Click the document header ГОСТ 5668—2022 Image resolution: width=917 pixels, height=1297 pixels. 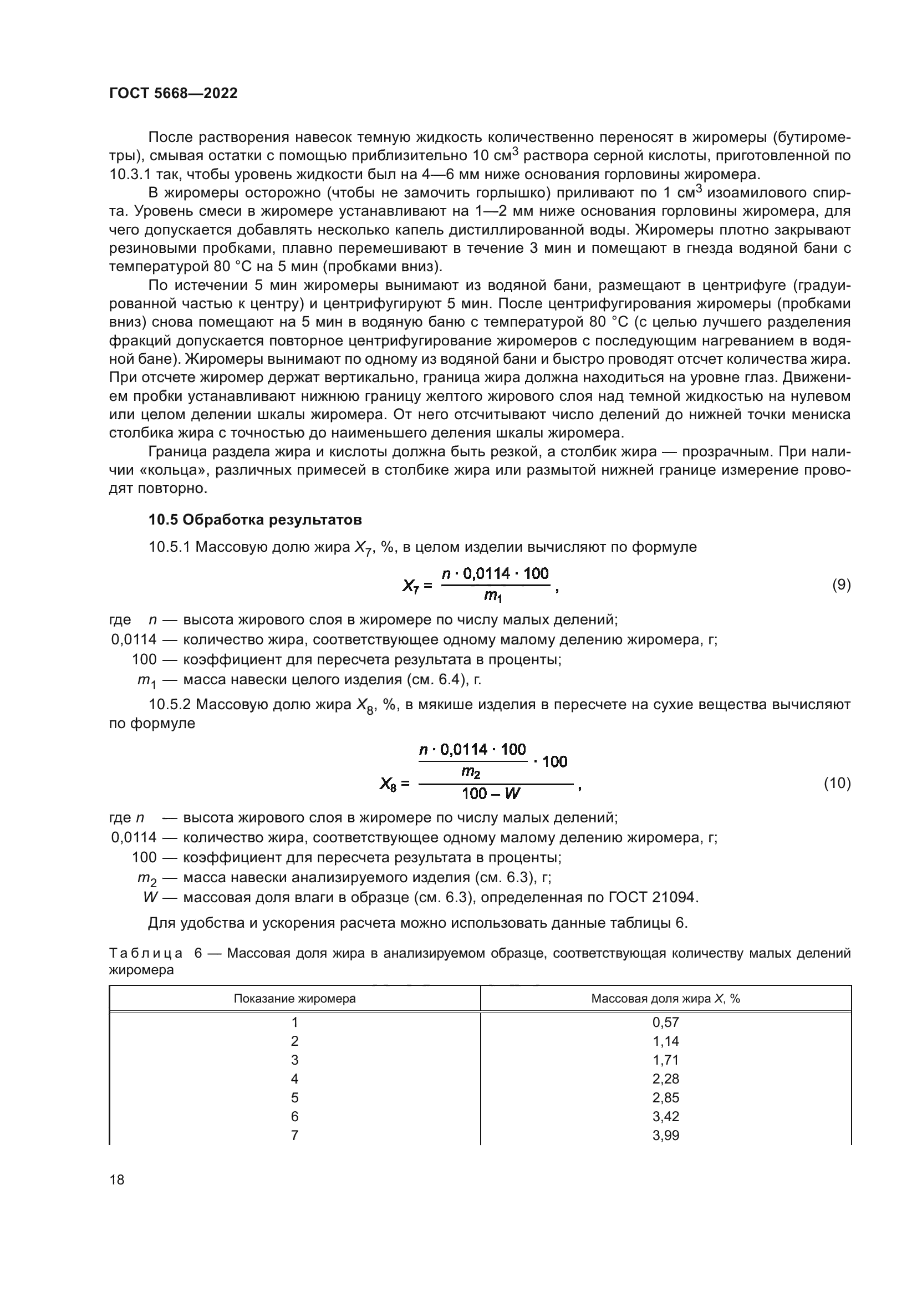coord(173,93)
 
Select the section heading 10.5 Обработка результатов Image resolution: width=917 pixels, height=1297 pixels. coord(255,519)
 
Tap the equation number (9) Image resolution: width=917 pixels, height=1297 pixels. coord(842,584)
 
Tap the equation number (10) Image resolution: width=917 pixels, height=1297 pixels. coord(837,784)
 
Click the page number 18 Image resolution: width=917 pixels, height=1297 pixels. coord(117,1179)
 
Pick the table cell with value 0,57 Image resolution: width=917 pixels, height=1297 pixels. coord(666,1022)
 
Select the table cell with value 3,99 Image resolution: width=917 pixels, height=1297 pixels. coord(666,1135)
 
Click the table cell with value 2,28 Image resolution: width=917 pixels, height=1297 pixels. coord(666,1079)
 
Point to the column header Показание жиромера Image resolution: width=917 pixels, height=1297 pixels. coord(295,998)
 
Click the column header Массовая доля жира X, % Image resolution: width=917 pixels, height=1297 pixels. coord(666,998)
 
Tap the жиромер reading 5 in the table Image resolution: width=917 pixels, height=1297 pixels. coord(295,1097)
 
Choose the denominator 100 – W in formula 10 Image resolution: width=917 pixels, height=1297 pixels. coord(491,794)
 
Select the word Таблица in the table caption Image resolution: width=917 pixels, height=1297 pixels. coord(146,954)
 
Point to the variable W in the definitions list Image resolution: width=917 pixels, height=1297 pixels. coord(150,897)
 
